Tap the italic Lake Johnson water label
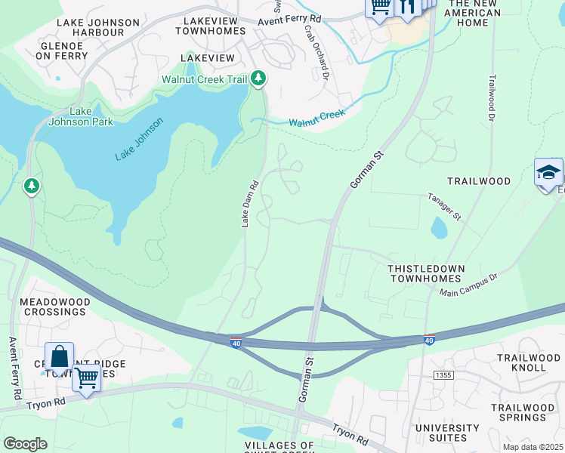pos(139,139)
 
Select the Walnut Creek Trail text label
pos(204,79)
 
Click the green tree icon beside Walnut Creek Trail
pos(258,78)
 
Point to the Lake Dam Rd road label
pos(250,203)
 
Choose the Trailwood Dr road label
pos(491,98)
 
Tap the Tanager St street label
pos(444,206)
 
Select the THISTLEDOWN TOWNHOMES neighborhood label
pos(425,273)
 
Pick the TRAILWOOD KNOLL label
pos(529,362)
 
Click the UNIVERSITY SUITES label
pos(447,433)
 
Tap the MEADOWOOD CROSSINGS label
pos(54,307)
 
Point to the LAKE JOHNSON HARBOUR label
pos(98,28)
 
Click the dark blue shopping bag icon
pos(60,356)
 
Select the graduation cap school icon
pos(548,172)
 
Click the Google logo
pos(25,444)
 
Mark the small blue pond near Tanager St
pos(438,226)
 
